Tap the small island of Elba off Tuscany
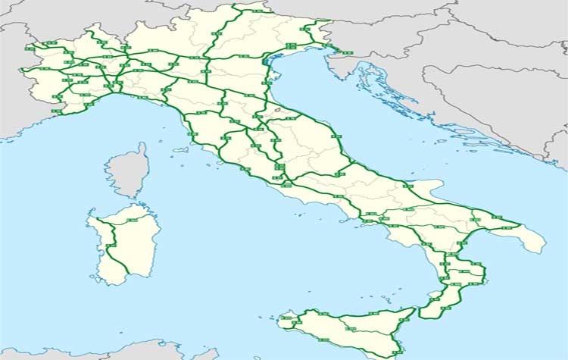click(179, 149)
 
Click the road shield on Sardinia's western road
click(111, 246)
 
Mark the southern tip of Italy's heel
click(541, 252)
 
